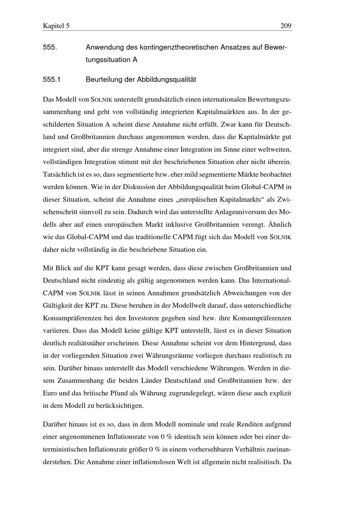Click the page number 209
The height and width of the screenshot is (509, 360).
285,26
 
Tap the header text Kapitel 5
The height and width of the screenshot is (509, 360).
56,26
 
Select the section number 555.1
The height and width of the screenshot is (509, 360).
51,80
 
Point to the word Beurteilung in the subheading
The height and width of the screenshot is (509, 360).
104,80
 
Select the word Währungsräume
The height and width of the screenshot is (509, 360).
168,356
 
